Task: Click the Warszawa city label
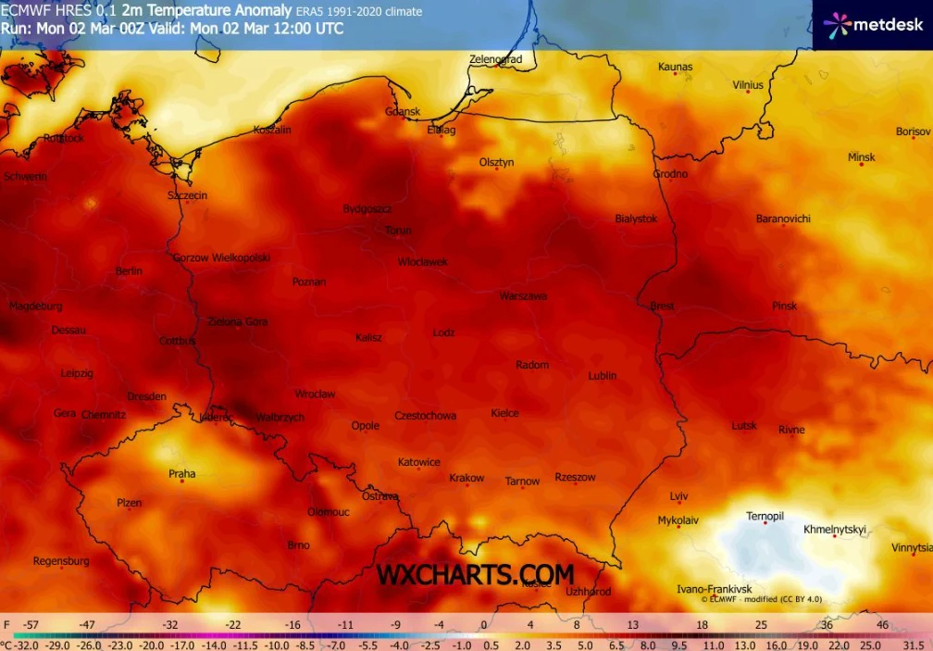point(523,296)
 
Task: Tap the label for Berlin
point(129,271)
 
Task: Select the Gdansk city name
point(403,112)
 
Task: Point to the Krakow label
point(466,479)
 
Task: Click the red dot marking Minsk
point(861,164)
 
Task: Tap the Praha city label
point(182,474)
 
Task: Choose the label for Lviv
point(678,496)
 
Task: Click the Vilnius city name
point(748,85)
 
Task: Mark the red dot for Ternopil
point(765,523)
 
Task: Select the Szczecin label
point(187,195)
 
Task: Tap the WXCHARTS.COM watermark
point(475,575)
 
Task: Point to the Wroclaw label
point(315,394)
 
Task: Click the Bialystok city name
point(636,219)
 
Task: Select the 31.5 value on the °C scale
point(913,645)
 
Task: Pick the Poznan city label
point(308,282)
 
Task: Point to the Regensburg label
point(61,561)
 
